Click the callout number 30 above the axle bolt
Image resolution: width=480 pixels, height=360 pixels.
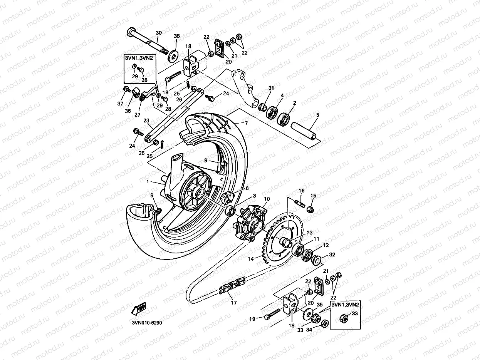(159, 32)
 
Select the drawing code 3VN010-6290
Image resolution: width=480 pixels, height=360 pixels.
(146, 323)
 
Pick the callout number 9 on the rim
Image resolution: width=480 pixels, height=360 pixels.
(205, 160)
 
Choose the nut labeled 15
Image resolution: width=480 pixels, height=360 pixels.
(310, 209)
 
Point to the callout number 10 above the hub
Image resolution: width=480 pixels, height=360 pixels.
(267, 199)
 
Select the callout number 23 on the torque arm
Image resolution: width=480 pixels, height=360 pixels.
(146, 120)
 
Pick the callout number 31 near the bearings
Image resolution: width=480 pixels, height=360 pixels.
(271, 88)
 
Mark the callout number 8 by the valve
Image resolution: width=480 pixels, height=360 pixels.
(152, 196)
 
